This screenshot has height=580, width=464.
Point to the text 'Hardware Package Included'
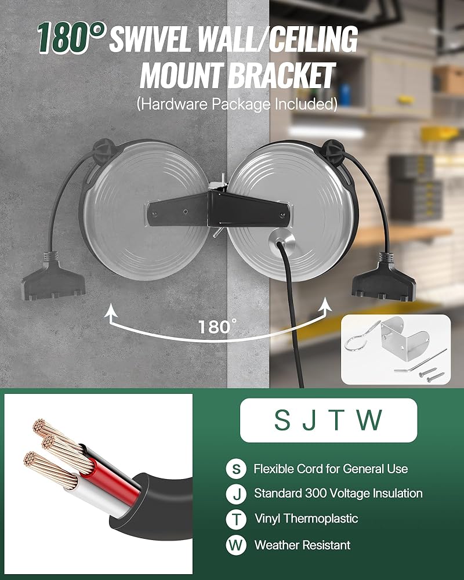tap(237, 104)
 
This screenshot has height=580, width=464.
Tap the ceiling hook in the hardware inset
tap(361, 339)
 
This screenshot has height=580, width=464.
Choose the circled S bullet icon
tap(235, 469)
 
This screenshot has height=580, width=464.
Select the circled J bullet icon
tap(235, 494)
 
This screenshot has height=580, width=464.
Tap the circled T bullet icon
tap(235, 519)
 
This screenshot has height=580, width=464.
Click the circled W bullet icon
tap(235, 545)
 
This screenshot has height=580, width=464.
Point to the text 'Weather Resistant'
tap(302, 545)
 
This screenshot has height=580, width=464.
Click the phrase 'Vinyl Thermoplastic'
tap(306, 519)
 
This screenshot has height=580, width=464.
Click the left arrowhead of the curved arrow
tap(108, 314)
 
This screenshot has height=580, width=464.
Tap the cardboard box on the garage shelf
tap(448, 79)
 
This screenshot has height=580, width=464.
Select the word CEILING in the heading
tap(314, 39)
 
